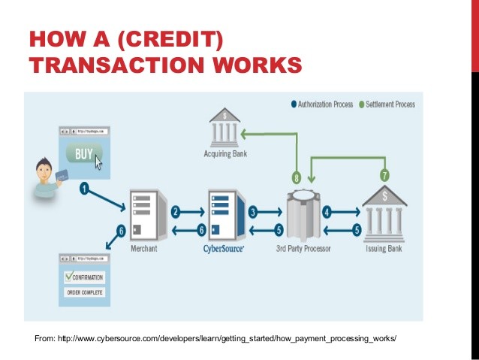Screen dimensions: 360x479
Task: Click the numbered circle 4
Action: click(327, 212)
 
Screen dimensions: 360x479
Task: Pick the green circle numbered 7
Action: click(384, 174)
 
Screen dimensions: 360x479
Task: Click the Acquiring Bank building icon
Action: click(224, 127)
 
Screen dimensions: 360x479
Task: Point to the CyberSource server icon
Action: click(225, 215)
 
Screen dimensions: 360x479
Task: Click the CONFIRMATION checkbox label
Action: click(83, 277)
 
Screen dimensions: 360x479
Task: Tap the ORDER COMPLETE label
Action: click(84, 292)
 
